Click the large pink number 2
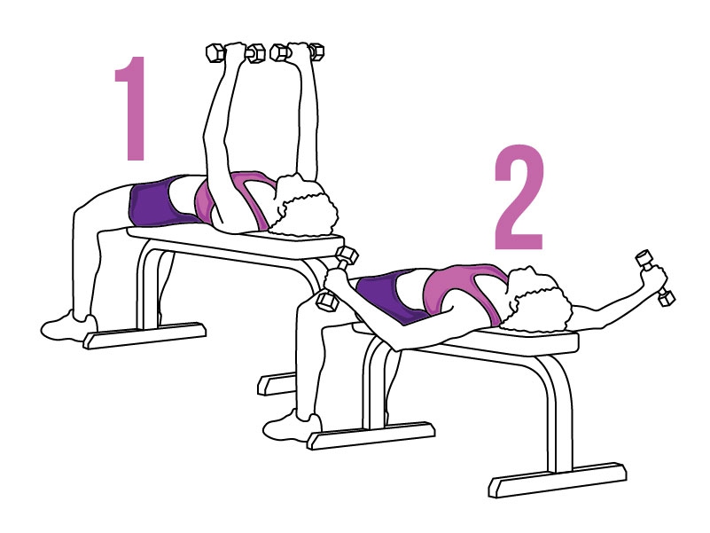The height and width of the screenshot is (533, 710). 519,197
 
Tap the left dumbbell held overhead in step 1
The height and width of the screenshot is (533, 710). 236,52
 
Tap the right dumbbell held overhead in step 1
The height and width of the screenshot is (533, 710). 298,51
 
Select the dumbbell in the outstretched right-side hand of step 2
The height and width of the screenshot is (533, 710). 655,278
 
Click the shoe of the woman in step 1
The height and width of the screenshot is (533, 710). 68,325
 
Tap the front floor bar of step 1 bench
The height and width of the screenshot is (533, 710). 144,335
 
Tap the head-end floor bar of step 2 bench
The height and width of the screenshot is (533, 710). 558,480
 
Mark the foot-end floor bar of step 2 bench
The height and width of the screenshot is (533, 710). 371,435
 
